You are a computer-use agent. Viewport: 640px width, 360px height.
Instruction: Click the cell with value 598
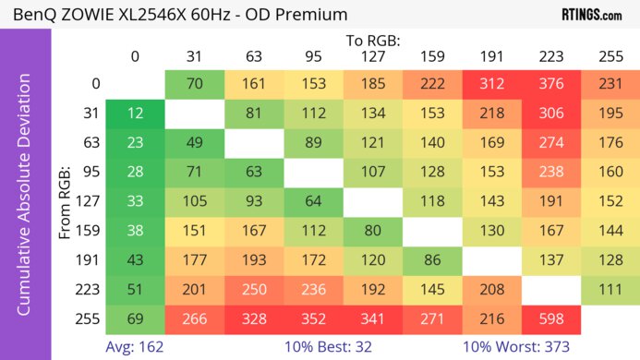[x=551, y=319]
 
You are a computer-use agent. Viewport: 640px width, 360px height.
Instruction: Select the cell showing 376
[x=551, y=83]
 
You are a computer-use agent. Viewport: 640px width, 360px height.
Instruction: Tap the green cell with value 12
[x=135, y=113]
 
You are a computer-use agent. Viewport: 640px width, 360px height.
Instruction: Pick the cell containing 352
[x=313, y=319]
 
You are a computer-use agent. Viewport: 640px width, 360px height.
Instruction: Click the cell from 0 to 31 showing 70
[x=194, y=83]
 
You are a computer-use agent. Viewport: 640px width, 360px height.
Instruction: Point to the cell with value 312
[x=491, y=83]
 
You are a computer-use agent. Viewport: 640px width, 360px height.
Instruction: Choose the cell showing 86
[x=432, y=260]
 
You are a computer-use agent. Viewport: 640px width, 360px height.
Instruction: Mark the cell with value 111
[x=610, y=290]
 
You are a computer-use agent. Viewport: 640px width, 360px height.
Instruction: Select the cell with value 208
[x=491, y=290]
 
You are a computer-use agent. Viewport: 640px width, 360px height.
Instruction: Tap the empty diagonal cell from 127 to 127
[x=372, y=201]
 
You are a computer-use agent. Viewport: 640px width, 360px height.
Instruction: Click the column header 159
[x=432, y=56]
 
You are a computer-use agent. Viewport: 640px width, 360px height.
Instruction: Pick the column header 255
[x=610, y=56]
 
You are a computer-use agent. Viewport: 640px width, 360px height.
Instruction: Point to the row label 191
[x=90, y=260]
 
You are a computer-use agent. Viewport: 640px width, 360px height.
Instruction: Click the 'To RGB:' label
[x=372, y=40]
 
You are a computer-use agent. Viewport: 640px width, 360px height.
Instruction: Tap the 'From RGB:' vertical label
[x=66, y=201]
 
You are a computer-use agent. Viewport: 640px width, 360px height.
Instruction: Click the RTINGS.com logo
[x=591, y=15]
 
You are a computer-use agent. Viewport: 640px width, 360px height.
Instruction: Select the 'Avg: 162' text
[x=135, y=348]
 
